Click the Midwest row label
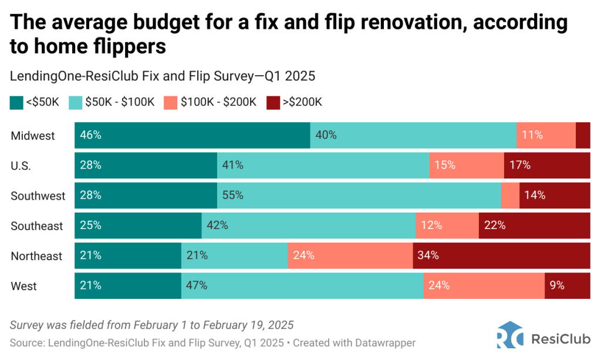[33, 136]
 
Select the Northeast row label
[36, 256]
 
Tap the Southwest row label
[38, 196]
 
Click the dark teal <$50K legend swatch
[16, 102]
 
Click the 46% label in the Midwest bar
[91, 135]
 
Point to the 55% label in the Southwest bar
[232, 196]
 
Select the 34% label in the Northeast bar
[428, 255]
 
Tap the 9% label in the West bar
[557, 285]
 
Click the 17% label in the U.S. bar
[520, 165]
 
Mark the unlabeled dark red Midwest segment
[583, 135]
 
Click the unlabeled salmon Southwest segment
[510, 196]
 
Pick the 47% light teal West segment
[302, 285]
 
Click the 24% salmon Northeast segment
[350, 255]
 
